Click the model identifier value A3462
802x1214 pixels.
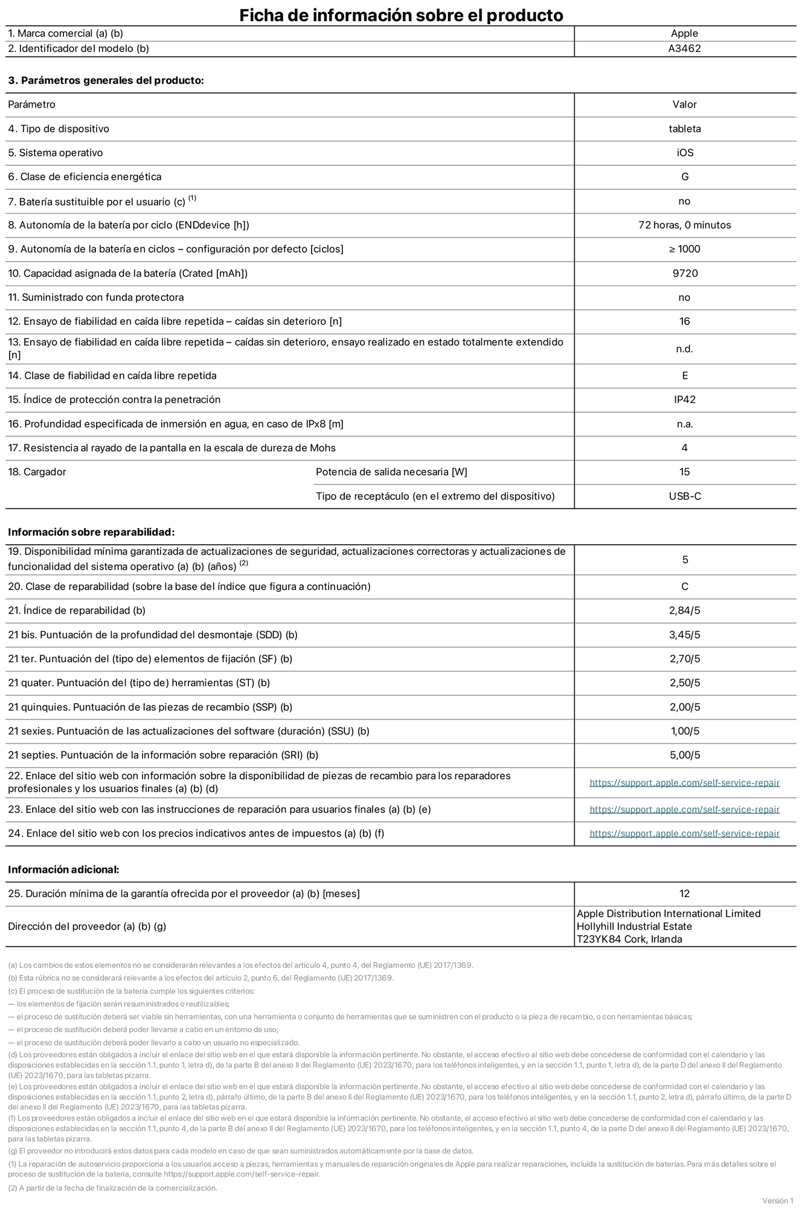pos(684,49)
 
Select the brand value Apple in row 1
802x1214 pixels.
pos(684,34)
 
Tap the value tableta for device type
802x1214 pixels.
pos(684,129)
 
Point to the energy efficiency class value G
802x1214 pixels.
pos(684,177)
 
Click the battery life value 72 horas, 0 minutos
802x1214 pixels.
pos(684,225)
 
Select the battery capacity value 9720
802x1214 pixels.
pos(684,274)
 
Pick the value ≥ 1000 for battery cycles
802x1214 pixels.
pos(684,249)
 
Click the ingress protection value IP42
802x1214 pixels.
pos(684,400)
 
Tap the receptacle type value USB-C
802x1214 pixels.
pos(684,496)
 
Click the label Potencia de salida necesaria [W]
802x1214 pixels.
pos(391,472)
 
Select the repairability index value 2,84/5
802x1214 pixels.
pos(684,611)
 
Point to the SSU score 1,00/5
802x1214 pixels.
pos(684,731)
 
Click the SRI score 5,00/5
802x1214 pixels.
pos(684,756)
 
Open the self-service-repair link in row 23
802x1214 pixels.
pos(684,810)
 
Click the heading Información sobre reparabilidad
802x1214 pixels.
pos(91,532)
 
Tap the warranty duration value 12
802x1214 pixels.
pos(684,894)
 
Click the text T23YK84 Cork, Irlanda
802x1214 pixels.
pos(629,939)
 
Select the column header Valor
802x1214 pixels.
pos(684,104)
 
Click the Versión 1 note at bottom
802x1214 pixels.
pos(777,1201)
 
